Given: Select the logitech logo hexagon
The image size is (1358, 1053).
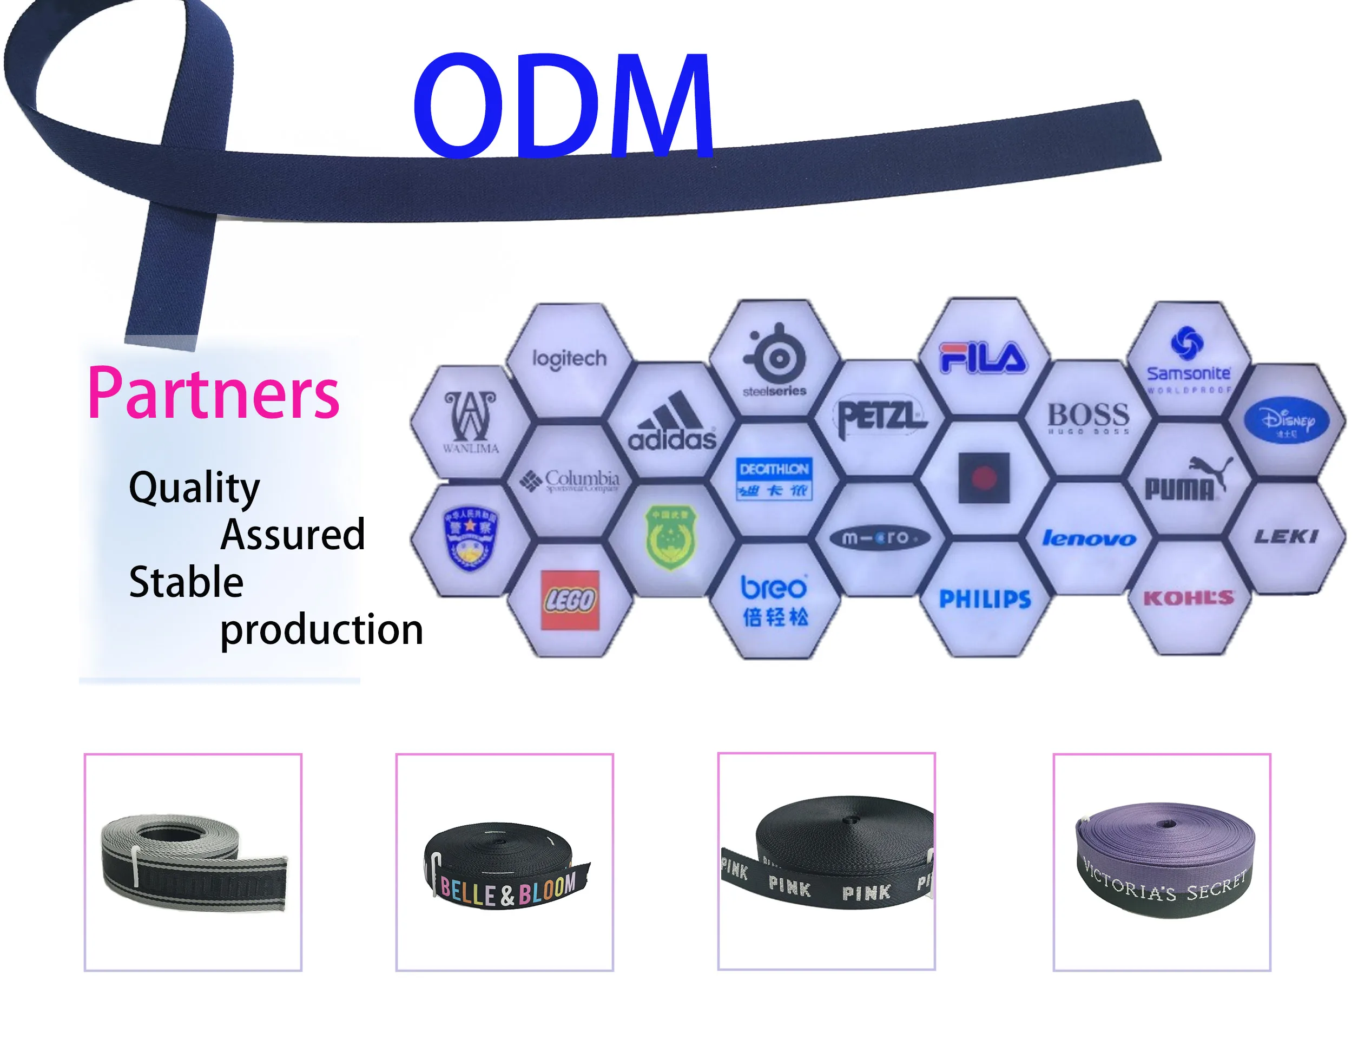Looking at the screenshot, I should (569, 359).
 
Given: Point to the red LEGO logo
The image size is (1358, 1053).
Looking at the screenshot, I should (570, 600).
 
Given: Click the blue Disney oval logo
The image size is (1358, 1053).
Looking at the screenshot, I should (1286, 420).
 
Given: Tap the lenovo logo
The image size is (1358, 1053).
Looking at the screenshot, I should (1089, 538).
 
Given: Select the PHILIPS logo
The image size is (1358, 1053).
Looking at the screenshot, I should (985, 599).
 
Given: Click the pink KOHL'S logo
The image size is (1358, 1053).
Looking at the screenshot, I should (1188, 598).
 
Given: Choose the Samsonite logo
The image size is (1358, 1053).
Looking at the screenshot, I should (1188, 361).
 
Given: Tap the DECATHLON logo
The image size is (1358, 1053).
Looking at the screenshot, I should (774, 479).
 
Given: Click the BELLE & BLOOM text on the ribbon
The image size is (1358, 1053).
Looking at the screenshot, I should (508, 891).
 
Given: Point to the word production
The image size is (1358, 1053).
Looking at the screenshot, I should (321, 630).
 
